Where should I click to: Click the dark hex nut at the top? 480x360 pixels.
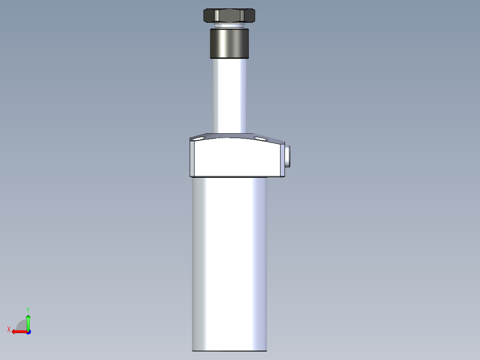229,16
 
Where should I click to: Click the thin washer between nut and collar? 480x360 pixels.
229,26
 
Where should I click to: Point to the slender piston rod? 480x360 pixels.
229,96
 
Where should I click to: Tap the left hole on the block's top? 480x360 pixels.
199,138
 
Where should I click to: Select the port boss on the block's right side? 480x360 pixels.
287,156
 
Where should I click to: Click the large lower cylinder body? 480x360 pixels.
229,263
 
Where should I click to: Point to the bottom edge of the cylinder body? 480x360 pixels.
229,350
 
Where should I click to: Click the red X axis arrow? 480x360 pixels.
18,331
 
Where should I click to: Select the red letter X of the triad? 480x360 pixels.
9,329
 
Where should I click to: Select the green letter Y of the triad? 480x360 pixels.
28,309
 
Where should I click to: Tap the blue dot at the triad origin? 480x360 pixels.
28,332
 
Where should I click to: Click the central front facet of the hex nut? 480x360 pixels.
229,16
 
